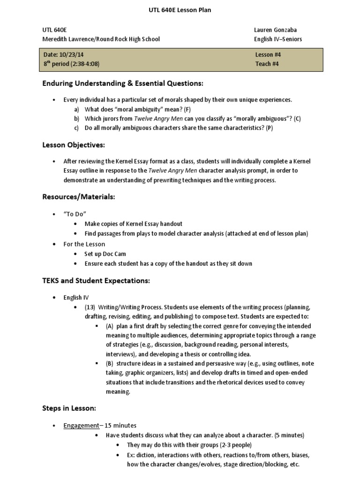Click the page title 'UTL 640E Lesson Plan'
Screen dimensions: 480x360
click(x=180, y=10)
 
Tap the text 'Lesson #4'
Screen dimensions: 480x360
click(x=268, y=55)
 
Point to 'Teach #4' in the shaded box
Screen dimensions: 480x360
click(x=267, y=64)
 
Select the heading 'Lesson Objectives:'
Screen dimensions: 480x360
click(x=74, y=145)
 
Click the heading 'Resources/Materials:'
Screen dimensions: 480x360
click(x=78, y=197)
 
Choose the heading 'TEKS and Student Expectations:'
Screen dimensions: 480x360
click(x=96, y=281)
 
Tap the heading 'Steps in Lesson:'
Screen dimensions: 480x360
click(x=69, y=408)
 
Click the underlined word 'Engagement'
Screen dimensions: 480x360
click(x=82, y=426)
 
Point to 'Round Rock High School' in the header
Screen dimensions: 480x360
click(x=129, y=39)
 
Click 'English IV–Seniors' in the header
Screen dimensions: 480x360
click(x=278, y=39)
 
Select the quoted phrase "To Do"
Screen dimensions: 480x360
click(x=75, y=214)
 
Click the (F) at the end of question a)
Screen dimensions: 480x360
click(x=187, y=110)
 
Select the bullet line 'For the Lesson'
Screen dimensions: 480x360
click(x=84, y=244)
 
